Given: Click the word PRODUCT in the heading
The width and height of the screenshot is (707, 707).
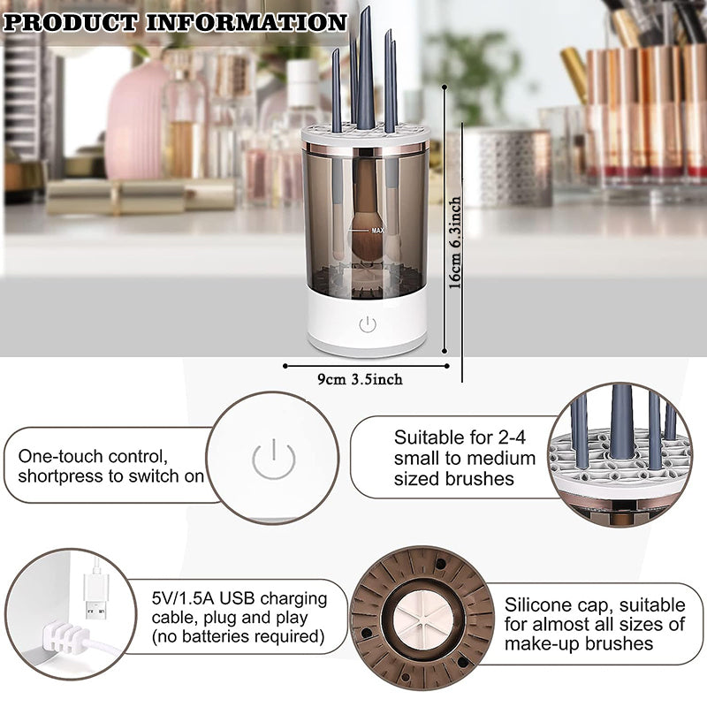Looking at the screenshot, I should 71,21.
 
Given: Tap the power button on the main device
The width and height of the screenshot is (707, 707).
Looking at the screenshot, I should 367,324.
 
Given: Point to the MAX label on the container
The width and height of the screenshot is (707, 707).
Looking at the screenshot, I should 377,231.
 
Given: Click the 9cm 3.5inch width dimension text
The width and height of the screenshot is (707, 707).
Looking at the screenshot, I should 360,379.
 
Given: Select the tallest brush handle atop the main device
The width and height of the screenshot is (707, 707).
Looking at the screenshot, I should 365,71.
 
